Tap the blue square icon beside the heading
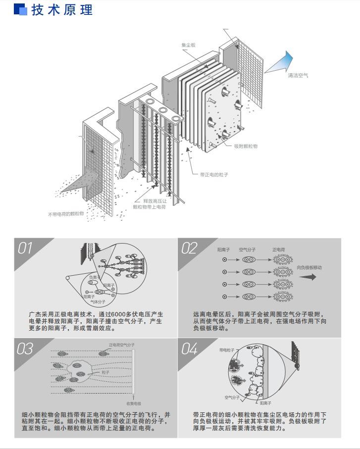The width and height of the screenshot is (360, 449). (x=20, y=9)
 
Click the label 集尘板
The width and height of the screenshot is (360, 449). (x=188, y=45)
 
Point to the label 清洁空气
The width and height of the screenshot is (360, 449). (x=298, y=75)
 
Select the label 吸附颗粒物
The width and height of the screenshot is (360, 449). (x=246, y=146)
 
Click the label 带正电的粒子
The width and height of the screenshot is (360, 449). (x=214, y=174)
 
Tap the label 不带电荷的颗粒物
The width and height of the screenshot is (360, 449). (x=66, y=214)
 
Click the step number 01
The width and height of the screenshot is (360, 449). (x=25, y=249)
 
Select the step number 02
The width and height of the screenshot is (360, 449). (x=189, y=249)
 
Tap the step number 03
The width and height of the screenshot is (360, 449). (x=25, y=349)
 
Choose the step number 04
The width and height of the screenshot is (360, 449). (x=189, y=349)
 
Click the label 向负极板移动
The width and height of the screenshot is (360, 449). (x=309, y=267)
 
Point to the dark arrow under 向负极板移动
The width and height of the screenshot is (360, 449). (x=307, y=277)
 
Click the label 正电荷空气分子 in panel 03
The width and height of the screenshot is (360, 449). (x=122, y=345)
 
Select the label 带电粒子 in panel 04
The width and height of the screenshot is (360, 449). (x=226, y=349)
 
